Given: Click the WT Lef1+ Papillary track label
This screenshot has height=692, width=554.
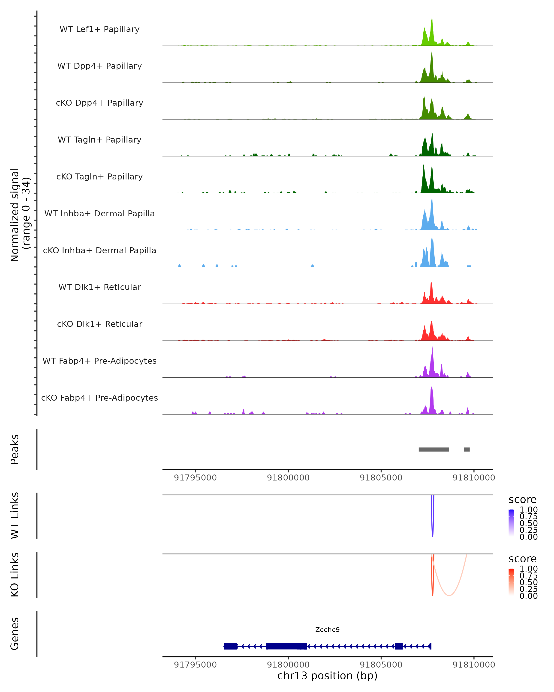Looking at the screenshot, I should (99, 29).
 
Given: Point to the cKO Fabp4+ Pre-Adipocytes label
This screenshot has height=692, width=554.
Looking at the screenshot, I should (99, 398).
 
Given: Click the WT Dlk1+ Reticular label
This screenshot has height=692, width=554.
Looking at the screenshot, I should (99, 287).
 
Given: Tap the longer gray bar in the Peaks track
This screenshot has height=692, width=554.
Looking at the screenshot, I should (434, 449).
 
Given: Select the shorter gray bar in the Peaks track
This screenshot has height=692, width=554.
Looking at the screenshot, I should (467, 449).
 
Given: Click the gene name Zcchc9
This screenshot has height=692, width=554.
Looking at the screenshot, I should (327, 629).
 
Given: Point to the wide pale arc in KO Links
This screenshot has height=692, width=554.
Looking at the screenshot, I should (449, 595).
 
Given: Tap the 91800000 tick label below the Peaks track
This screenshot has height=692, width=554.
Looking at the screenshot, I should (288, 478).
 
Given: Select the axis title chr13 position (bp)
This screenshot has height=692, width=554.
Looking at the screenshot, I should (327, 676).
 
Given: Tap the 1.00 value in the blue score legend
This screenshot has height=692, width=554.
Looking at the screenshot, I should (528, 510).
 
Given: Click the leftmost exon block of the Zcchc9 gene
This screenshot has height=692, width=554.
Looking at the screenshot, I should (230, 646).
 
